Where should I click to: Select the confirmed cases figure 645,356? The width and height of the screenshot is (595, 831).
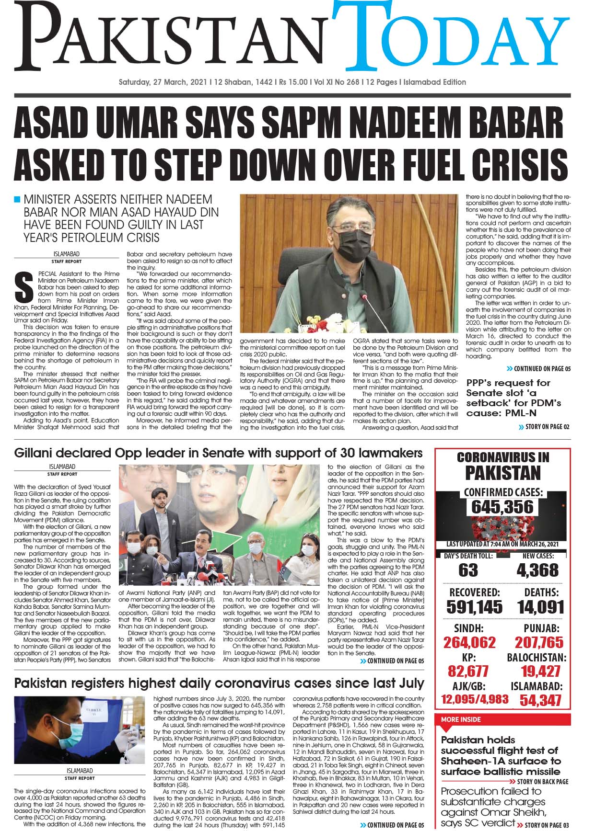click(x=502, y=506)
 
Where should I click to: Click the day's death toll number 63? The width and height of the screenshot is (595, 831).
click(x=468, y=570)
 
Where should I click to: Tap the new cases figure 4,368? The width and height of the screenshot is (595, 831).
click(x=537, y=570)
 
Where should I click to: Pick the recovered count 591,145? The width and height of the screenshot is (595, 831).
click(x=474, y=607)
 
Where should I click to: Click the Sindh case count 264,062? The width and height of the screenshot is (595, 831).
click(x=469, y=642)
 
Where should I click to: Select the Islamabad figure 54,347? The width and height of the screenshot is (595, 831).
click(x=540, y=700)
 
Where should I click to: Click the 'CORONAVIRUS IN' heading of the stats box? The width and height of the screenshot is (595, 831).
click(x=503, y=457)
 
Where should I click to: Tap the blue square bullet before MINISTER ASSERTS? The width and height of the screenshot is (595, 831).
click(x=18, y=199)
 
